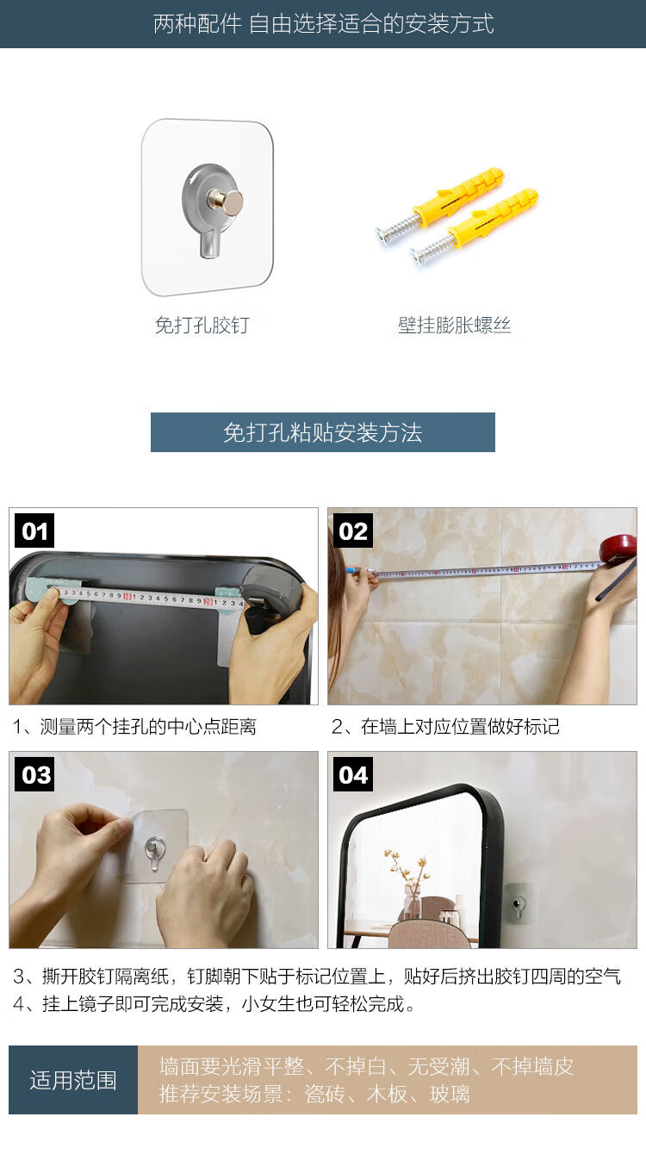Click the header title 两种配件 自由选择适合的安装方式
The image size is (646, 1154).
(x=324, y=24)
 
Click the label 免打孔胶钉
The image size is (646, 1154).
(x=202, y=325)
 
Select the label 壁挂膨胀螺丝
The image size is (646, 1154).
(x=454, y=325)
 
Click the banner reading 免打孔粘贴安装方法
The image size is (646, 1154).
(x=323, y=432)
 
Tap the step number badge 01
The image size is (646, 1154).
(x=34, y=531)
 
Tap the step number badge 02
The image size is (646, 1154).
(x=353, y=531)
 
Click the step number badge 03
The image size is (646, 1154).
(x=34, y=774)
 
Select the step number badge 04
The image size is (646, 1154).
(x=353, y=774)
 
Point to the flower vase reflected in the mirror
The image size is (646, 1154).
(x=412, y=901)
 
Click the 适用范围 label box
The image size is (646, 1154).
(x=73, y=1080)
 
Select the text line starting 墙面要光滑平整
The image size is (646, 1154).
(x=366, y=1066)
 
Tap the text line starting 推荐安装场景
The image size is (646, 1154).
(x=314, y=1094)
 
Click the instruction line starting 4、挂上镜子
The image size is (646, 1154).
(x=214, y=1003)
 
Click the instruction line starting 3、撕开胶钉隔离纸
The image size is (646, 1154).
(x=317, y=976)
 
